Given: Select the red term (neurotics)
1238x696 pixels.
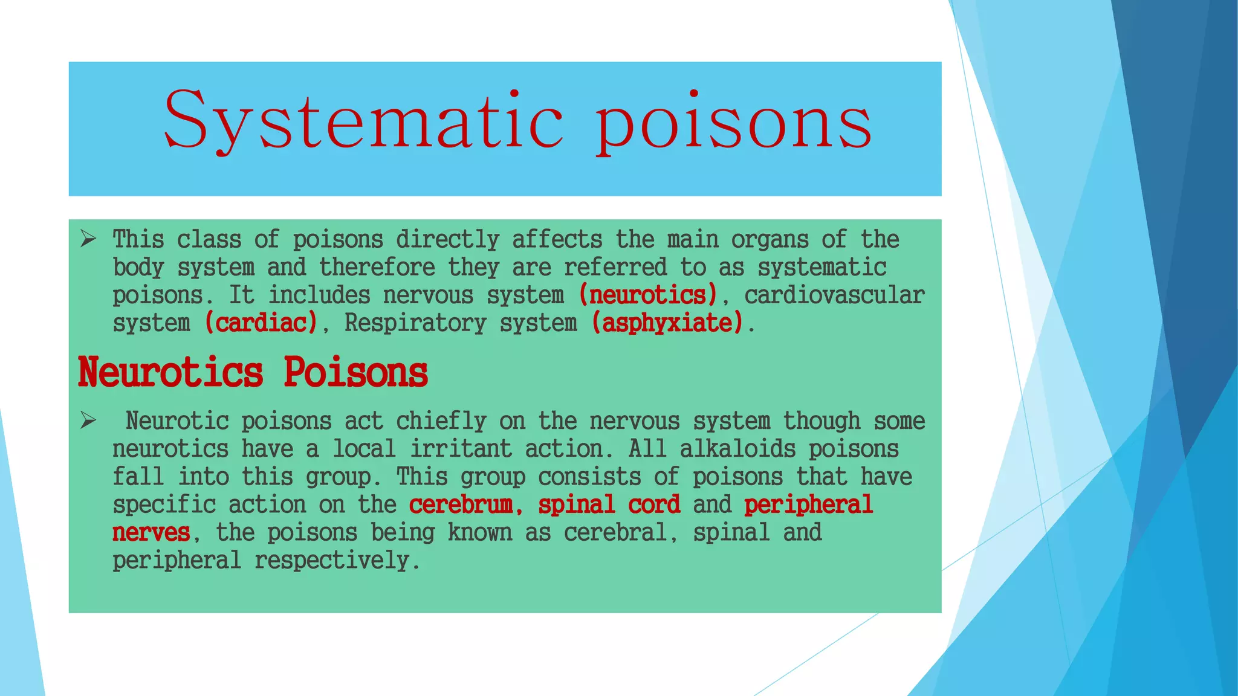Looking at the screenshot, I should pos(647,295).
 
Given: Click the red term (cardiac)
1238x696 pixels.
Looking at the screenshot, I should pos(261,323).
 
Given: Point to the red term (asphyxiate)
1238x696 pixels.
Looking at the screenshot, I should pos(667,323).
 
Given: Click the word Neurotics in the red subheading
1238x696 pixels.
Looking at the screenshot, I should pos(170,372).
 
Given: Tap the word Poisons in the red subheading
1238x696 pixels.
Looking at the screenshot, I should pos(355,372).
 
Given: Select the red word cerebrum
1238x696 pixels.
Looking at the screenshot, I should pos(462,504).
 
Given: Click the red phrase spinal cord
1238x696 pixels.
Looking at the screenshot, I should pos(609,504).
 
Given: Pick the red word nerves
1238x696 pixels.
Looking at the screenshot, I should pos(151,532).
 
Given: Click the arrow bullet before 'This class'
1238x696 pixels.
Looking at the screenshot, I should pos(88,239).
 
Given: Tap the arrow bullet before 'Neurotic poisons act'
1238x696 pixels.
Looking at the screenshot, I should pos(88,420).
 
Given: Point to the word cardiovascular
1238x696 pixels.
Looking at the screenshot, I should pos(834,295).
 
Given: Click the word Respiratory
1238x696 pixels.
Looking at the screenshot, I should pos(415,323).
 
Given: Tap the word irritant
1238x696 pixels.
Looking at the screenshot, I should pos(461,449).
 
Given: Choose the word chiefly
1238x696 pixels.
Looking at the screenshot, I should pos(441,421).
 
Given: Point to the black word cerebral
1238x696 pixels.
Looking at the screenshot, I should pos(616,532).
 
